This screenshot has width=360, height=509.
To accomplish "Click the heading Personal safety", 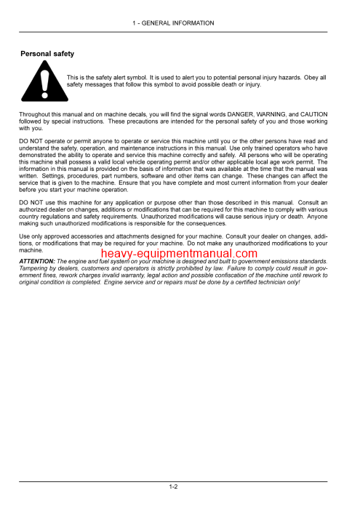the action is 47,54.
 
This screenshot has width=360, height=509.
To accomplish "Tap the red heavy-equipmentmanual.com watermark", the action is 179,254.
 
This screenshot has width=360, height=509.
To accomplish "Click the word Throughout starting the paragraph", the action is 36,115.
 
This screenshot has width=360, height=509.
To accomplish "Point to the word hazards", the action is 289,77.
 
